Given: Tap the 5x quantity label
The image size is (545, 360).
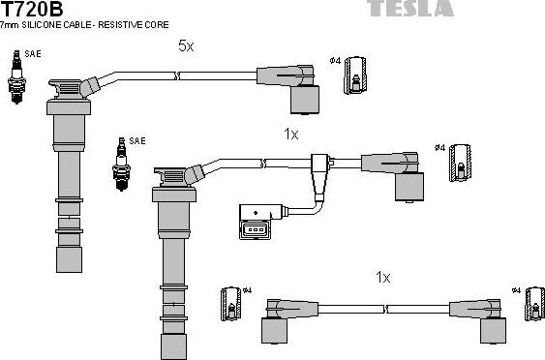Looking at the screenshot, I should (x=186, y=45).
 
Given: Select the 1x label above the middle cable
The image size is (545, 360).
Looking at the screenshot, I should (x=291, y=135).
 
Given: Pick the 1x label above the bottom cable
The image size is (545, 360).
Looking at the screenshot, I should (x=383, y=278).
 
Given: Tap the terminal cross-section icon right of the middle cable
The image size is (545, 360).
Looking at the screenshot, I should (x=461, y=162).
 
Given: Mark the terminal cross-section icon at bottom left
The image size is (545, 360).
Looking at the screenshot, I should (x=231, y=303).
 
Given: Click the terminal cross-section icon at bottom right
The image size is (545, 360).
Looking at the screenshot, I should (x=530, y=303).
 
